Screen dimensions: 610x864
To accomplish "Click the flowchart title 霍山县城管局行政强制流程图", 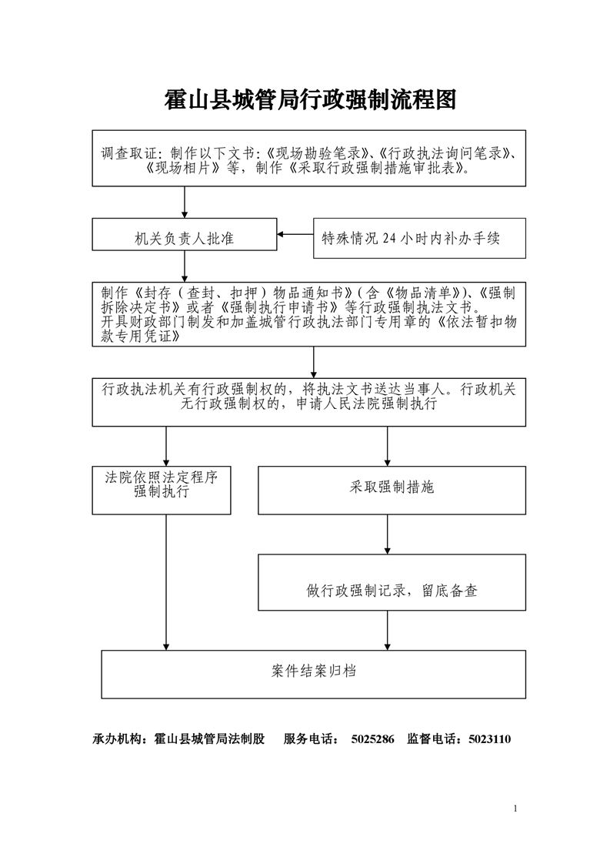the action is click(311, 100).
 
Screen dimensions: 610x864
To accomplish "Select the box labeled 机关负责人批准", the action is click(185, 234).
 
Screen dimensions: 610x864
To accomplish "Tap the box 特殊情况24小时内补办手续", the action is click(419, 238).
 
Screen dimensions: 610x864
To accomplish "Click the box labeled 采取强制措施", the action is click(392, 491).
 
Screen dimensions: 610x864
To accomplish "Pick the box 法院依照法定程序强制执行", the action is click(162, 491).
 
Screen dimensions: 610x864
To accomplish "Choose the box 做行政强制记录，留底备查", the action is click(392, 582).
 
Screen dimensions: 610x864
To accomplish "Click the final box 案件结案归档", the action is click(314, 675).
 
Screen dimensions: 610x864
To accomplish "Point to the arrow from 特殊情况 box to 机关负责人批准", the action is click(295, 234).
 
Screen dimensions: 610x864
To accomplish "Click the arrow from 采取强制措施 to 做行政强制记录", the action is click(388, 534).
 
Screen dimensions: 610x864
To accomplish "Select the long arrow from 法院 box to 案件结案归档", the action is click(166, 582).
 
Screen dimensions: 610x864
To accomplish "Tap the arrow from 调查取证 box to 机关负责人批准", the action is click(185, 203).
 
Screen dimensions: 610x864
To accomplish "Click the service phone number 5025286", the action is click(373, 739).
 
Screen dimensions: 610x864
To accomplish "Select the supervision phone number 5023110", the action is click(489, 739).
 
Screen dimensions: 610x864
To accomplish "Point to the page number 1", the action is click(515, 809).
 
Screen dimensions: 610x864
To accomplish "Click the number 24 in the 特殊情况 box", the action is click(389, 238).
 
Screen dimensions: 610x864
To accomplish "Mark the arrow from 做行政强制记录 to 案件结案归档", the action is click(388, 631).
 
